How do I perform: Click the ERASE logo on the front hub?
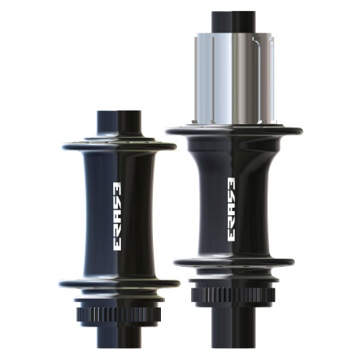pos(118,216)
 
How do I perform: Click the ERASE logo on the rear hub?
pos(232,209)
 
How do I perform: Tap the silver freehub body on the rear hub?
pos(235,79)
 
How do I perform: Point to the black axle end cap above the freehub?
pos(233,22)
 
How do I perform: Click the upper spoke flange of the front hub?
pos(119,147)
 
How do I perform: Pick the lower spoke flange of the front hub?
pos(119,284)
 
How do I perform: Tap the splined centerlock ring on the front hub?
pos(119,315)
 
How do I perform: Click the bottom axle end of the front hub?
pos(119,337)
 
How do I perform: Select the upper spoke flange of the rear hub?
pos(234,131)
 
